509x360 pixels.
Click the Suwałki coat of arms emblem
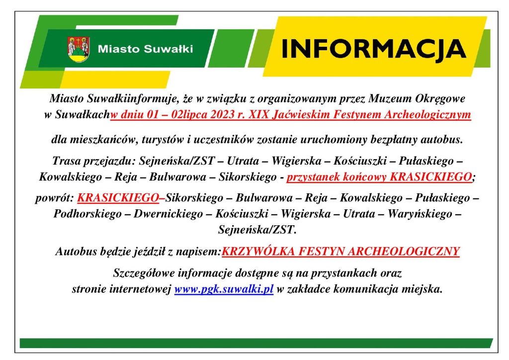click(79, 49)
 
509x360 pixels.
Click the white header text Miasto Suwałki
click(146, 49)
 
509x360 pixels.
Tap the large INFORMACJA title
click(374, 49)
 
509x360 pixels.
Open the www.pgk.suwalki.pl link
click(224, 288)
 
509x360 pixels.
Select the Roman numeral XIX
click(259, 114)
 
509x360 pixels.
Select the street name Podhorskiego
click(87, 214)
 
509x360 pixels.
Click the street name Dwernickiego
click(168, 214)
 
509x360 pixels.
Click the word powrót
click(55, 198)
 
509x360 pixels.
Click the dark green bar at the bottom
click(256, 343)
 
